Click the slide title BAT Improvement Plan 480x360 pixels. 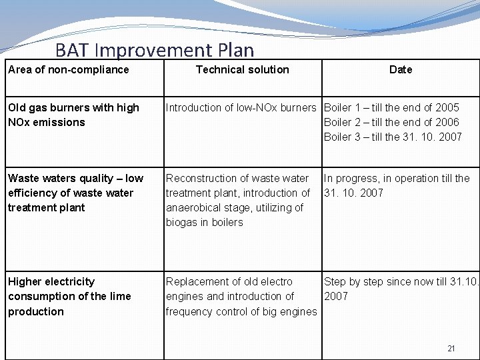(155, 50)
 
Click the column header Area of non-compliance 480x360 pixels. (69, 70)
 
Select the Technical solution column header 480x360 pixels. (242, 70)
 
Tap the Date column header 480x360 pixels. (401, 70)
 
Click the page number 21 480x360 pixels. (451, 349)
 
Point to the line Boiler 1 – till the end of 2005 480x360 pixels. (391, 108)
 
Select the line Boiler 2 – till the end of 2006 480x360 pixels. (391, 123)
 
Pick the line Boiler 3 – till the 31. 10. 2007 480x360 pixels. (393, 137)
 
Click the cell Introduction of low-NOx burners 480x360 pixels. (241, 108)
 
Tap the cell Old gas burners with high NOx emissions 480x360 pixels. (73, 115)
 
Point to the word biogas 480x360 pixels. (183, 223)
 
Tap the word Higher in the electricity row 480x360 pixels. (24, 282)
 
